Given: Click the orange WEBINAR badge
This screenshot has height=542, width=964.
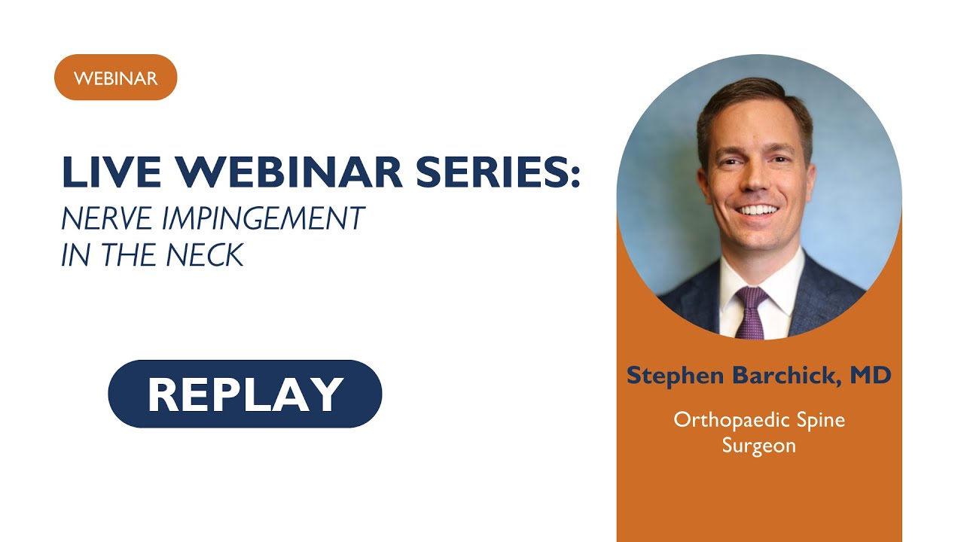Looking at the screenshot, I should [x=115, y=78].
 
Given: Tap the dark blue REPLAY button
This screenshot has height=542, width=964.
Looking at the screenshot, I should [x=245, y=394].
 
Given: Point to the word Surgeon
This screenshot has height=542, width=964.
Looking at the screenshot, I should [x=759, y=445].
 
